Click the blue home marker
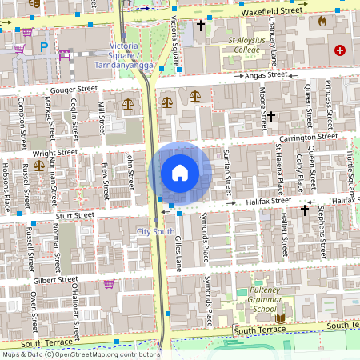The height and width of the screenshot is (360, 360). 180,173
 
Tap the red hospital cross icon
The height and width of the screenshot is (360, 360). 340,50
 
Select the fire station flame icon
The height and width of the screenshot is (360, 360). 322,21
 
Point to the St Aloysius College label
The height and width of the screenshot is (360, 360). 233,44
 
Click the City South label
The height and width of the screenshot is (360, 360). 155,231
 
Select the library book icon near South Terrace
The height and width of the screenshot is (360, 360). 280,318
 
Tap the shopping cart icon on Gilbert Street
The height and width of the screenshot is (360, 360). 109,284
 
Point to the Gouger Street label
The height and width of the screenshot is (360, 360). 74,91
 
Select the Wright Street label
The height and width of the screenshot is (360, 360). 55,151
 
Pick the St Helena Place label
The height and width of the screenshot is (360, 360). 279,170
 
